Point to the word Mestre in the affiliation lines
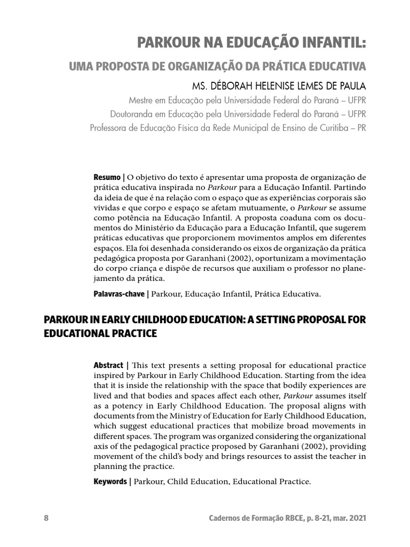(x=141, y=100)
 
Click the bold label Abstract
(x=108, y=365)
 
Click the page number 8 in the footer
(x=46, y=519)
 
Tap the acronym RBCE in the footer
(x=283, y=519)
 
